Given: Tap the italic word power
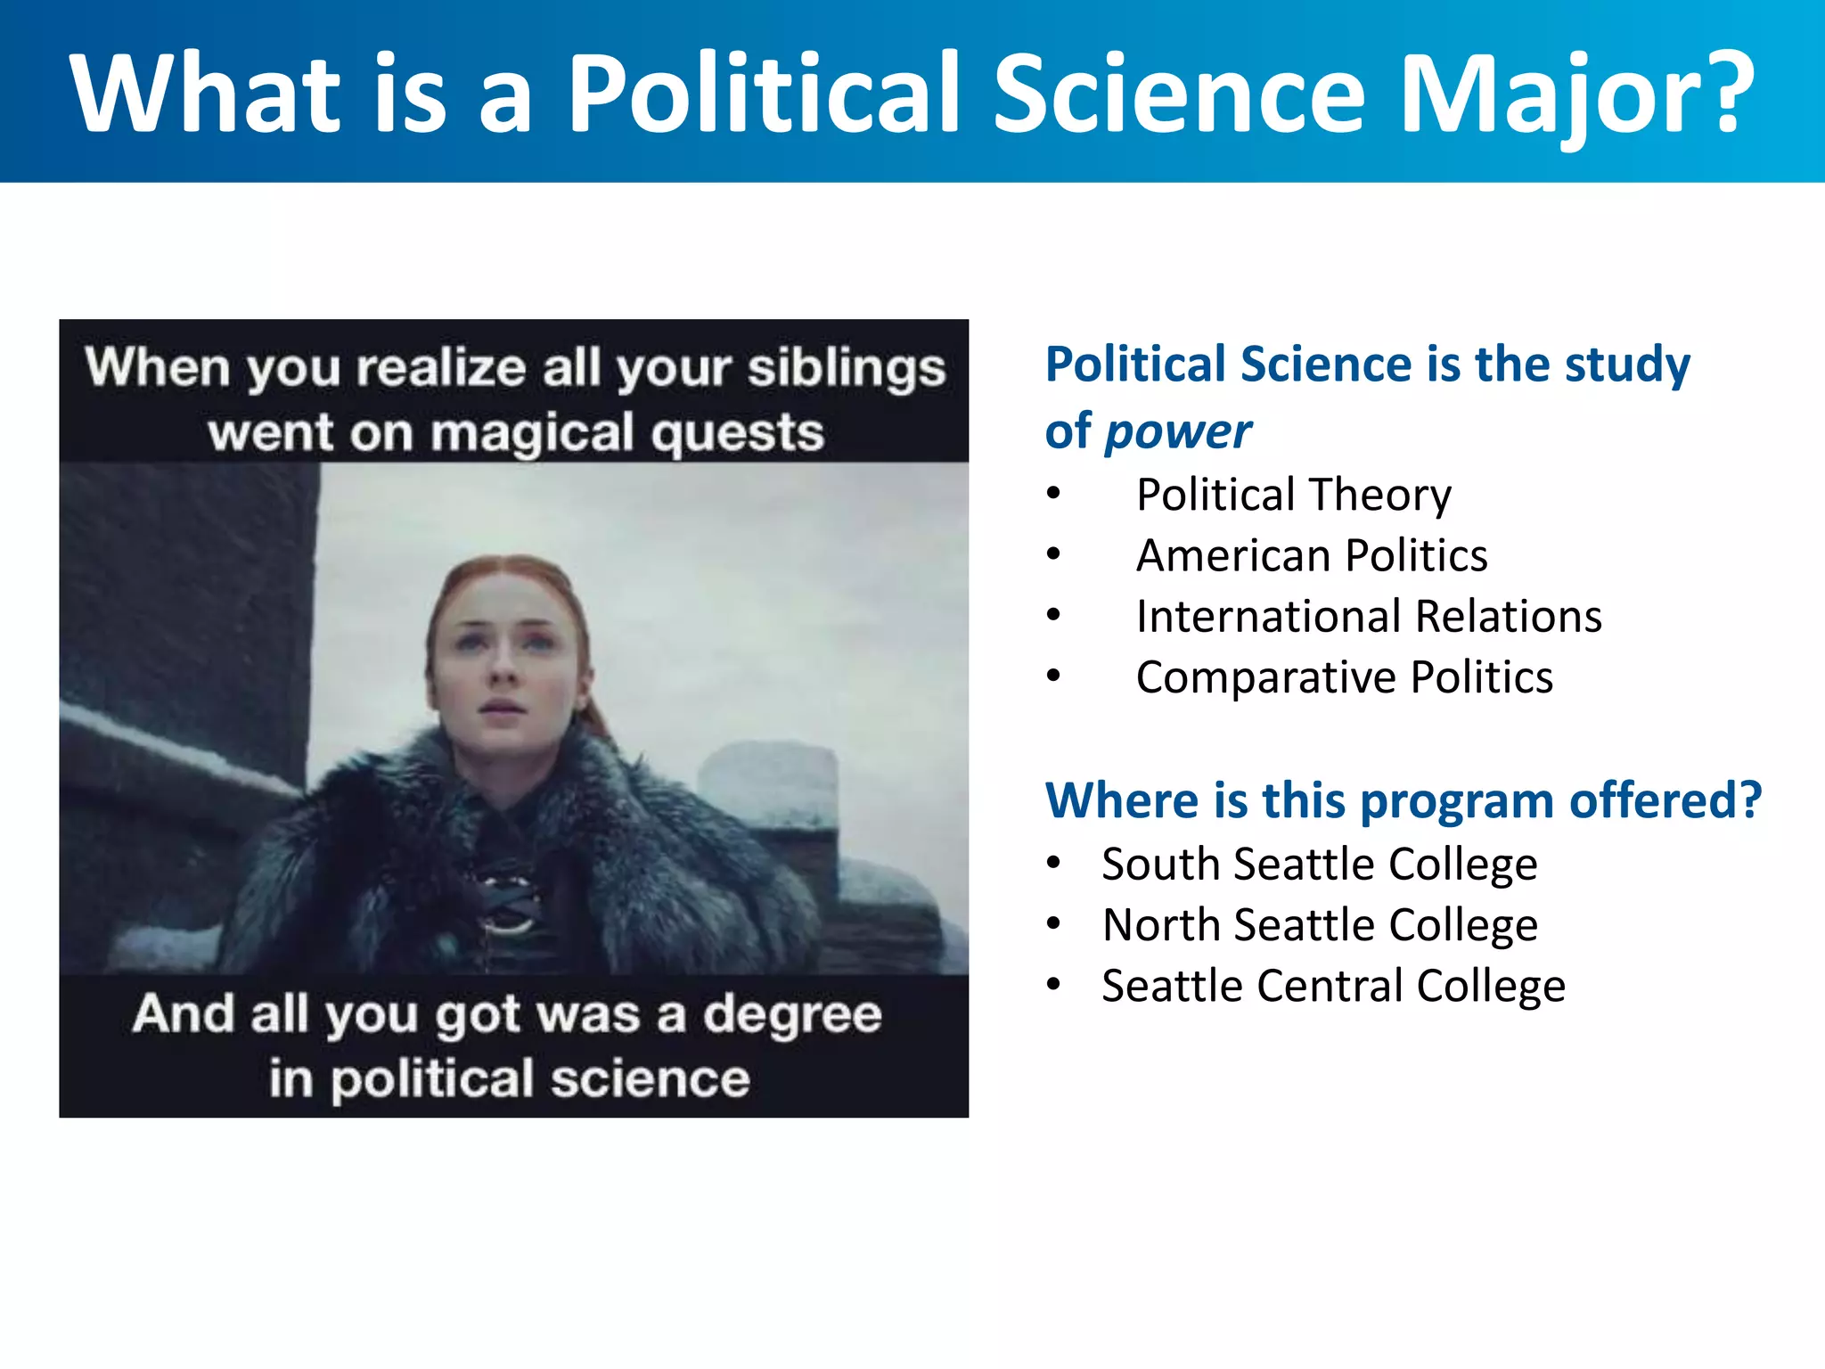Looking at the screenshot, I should pos(1178,432).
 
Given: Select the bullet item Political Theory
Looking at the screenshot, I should pos(1293,495).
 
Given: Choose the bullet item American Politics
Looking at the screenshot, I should pos(1312,555).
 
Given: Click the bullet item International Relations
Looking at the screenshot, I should pos(1369,617).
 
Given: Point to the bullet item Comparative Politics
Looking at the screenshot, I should pos(1344,677).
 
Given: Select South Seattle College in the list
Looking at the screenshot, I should pos(1319,865).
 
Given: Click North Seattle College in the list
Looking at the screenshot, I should pos(1319,925).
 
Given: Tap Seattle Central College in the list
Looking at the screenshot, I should pos(1333,986).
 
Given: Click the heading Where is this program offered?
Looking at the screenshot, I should pos(1404,800).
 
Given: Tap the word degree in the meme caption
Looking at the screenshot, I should pos(792,1014).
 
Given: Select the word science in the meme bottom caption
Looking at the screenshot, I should pos(651,1079).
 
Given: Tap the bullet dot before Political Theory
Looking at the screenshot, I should pos(1054,493).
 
